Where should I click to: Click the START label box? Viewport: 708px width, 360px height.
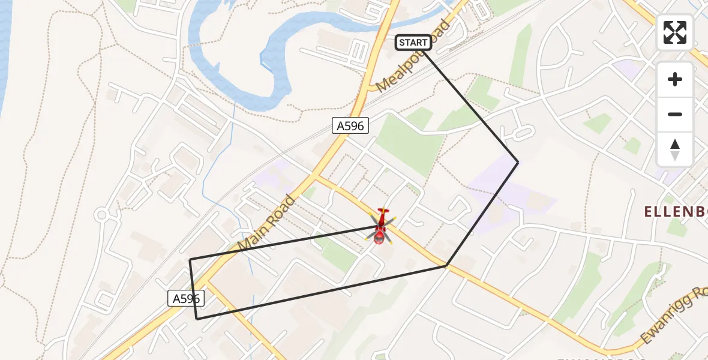click(413, 43)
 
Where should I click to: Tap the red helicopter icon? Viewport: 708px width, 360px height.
click(380, 227)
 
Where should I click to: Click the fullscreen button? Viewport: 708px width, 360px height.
click(675, 32)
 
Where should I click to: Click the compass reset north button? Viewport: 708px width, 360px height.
click(675, 149)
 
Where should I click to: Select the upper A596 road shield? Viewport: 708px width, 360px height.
click(350, 125)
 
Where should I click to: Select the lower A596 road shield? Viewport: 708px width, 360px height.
click(186, 298)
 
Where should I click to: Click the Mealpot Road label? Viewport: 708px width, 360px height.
click(413, 63)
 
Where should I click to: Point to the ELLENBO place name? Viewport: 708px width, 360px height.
click(676, 212)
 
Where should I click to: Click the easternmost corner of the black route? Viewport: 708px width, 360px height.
click(518, 162)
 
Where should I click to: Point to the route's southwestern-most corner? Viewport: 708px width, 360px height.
click(197, 319)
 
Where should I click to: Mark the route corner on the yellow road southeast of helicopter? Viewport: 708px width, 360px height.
click(446, 265)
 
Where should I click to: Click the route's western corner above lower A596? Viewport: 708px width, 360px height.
click(190, 259)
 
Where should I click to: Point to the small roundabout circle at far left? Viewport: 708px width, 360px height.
click(101, 214)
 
